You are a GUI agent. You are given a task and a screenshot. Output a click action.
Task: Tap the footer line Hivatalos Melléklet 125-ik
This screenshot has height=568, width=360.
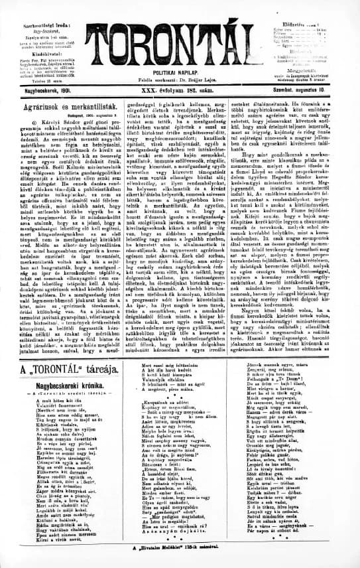click(x=179, y=547)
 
